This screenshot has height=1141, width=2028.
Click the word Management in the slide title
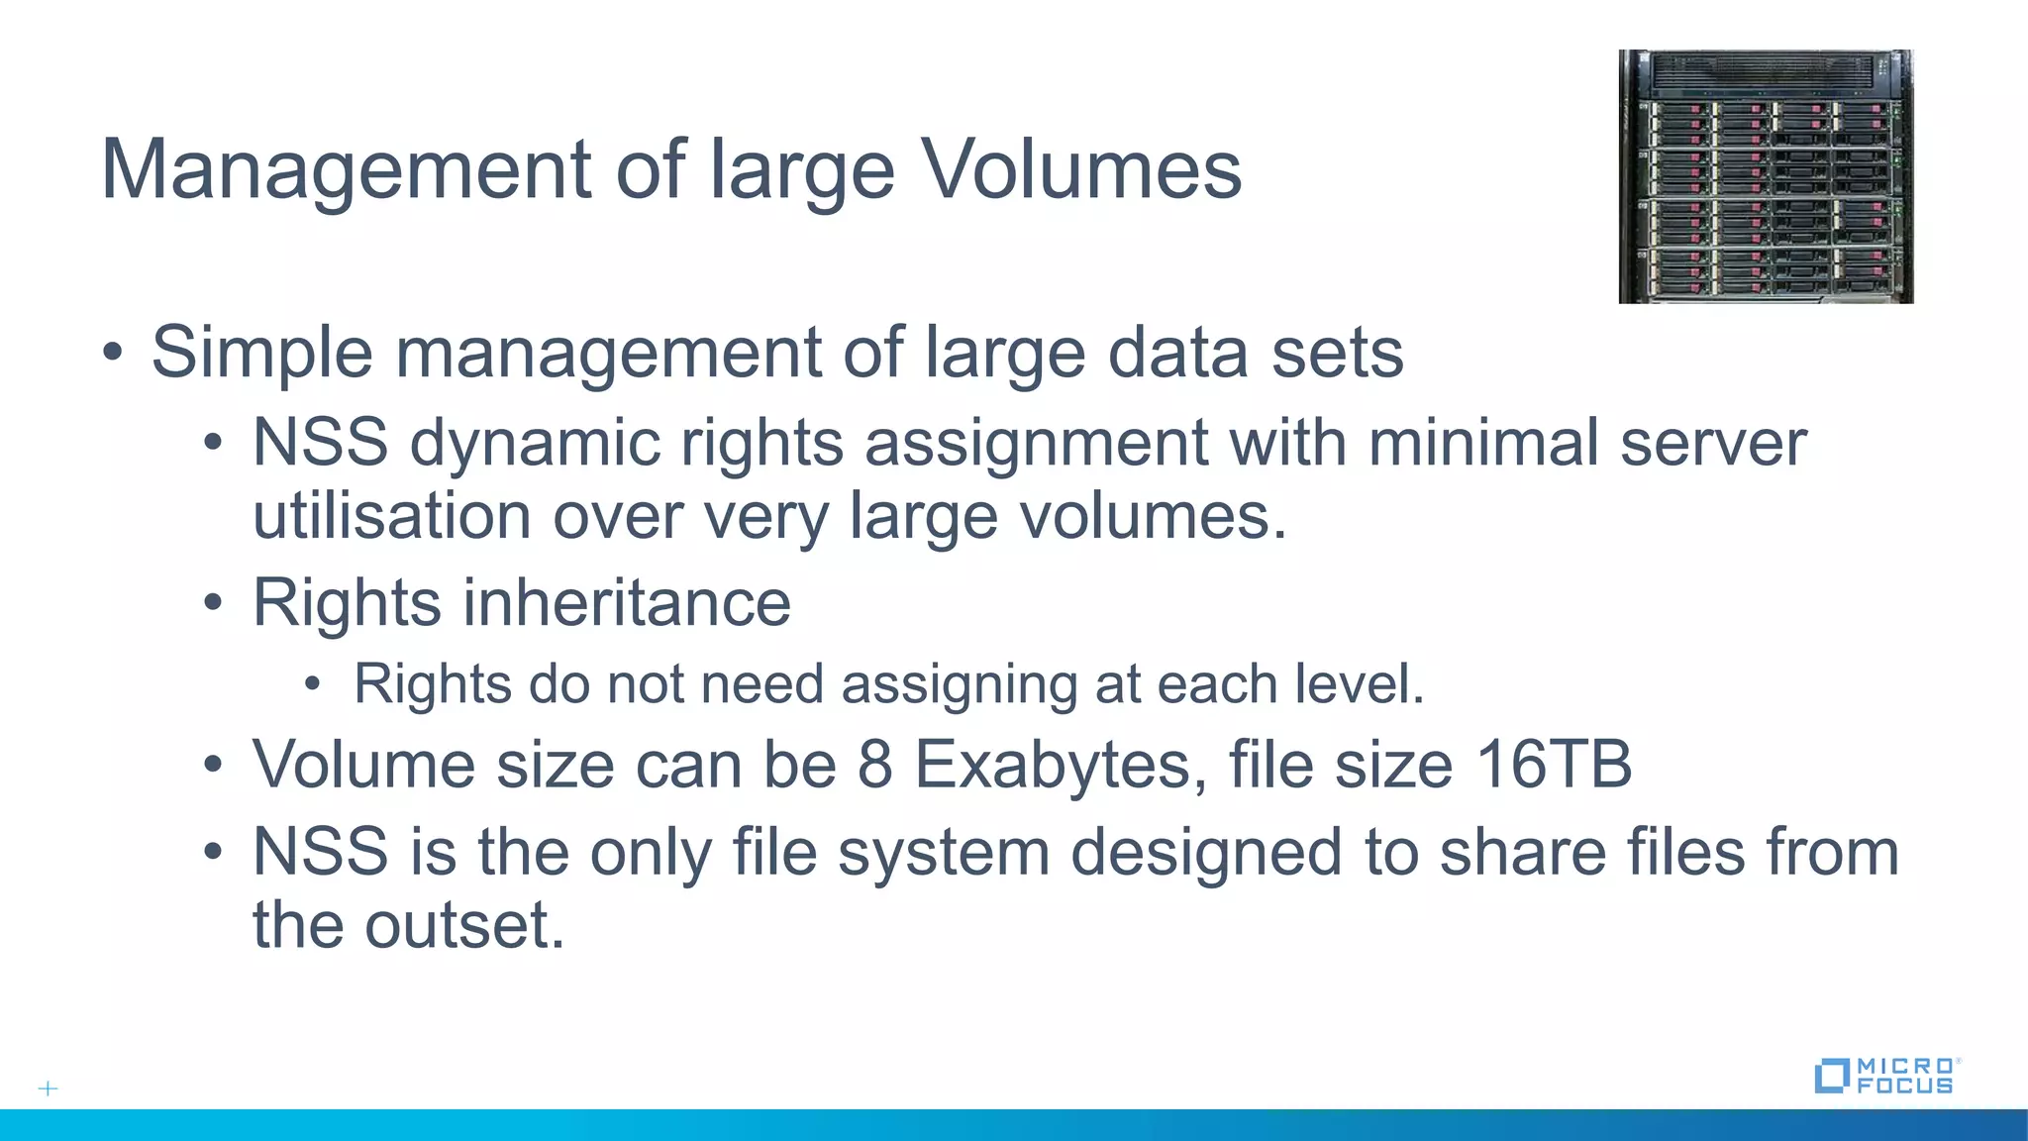347,170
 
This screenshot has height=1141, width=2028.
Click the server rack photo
1766,176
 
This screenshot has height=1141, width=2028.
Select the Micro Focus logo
1887,1076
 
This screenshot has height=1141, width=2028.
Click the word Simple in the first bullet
261,353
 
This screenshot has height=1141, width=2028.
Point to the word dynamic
535,443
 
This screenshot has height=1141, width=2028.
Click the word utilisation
392,516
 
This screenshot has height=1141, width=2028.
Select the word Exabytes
1053,766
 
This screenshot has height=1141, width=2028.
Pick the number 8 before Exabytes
874,766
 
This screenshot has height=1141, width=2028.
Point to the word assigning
958,684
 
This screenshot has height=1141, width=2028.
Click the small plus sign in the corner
48,1089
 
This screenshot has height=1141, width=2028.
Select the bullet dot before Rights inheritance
213,603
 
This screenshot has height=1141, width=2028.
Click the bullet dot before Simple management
113,353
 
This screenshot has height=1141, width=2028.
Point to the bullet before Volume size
213,766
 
